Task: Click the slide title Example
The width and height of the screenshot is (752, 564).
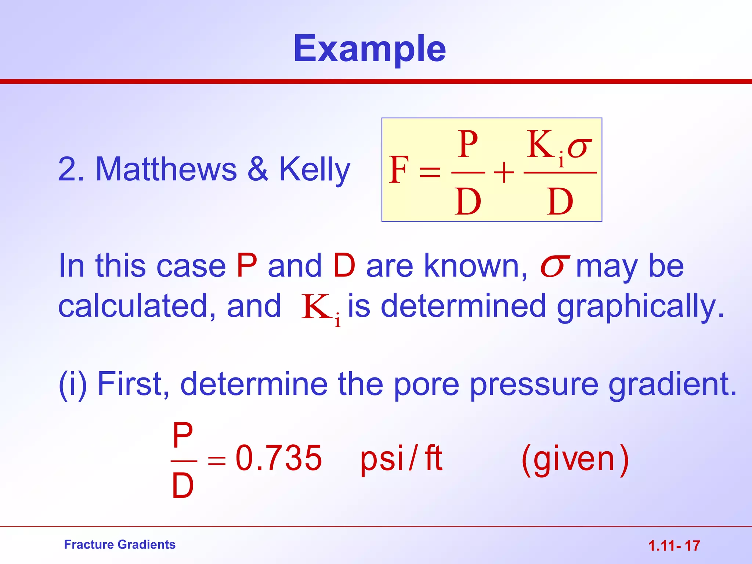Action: coord(369,49)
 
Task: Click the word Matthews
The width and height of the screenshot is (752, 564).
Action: coord(166,169)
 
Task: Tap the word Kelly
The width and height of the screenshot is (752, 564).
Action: coord(314,169)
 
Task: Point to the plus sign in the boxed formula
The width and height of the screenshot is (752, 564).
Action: coord(504,173)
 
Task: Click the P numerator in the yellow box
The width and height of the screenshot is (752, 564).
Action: coord(468,145)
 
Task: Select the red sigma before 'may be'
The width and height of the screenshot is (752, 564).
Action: coord(554,267)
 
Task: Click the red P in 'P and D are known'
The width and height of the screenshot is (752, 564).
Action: coord(247,265)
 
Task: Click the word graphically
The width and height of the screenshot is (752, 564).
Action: coord(641,307)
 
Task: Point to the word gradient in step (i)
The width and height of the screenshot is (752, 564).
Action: coord(673,384)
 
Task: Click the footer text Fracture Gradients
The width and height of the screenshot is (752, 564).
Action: coord(120,545)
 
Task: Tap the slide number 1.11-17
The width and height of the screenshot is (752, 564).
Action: coord(674,546)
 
